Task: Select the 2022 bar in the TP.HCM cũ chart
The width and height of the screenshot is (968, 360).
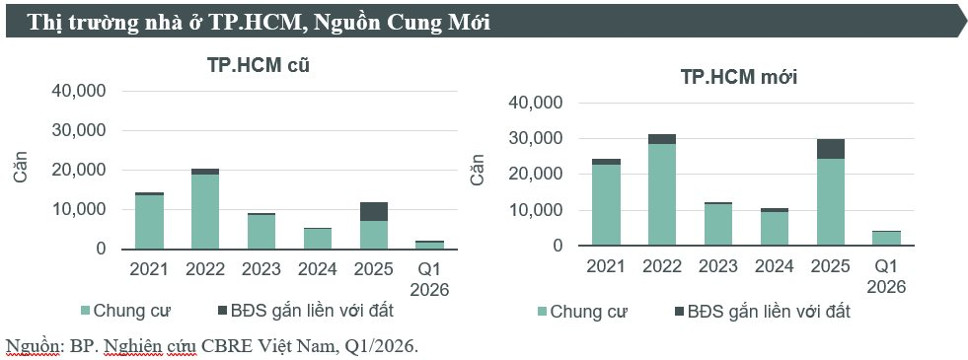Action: pos(205,210)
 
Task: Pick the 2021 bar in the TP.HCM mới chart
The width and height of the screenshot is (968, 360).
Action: pos(606,203)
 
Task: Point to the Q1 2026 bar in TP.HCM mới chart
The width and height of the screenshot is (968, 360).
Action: pos(885,238)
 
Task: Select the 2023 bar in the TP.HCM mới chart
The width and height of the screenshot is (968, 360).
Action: pos(717,224)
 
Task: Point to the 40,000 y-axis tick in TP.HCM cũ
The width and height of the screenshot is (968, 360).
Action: pos(78,91)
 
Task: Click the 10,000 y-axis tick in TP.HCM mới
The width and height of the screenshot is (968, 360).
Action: pos(533,210)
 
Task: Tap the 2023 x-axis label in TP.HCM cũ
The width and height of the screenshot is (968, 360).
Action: pos(261,269)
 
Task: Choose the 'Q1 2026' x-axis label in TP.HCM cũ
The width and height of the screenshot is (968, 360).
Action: pos(429,278)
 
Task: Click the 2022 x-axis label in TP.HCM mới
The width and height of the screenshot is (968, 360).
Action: pos(662,266)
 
